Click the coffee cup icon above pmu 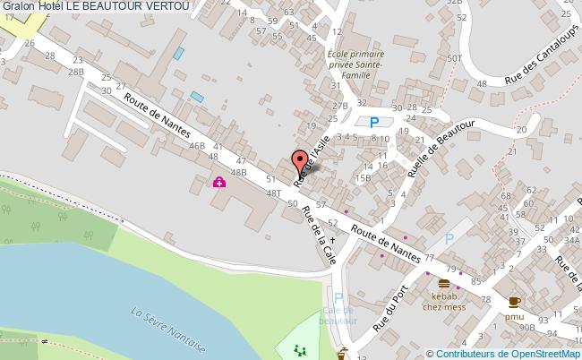click(x=514, y=302)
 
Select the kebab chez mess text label click(x=444, y=302)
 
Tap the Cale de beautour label click(x=338, y=315)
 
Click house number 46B click(x=197, y=145)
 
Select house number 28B click(x=76, y=71)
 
